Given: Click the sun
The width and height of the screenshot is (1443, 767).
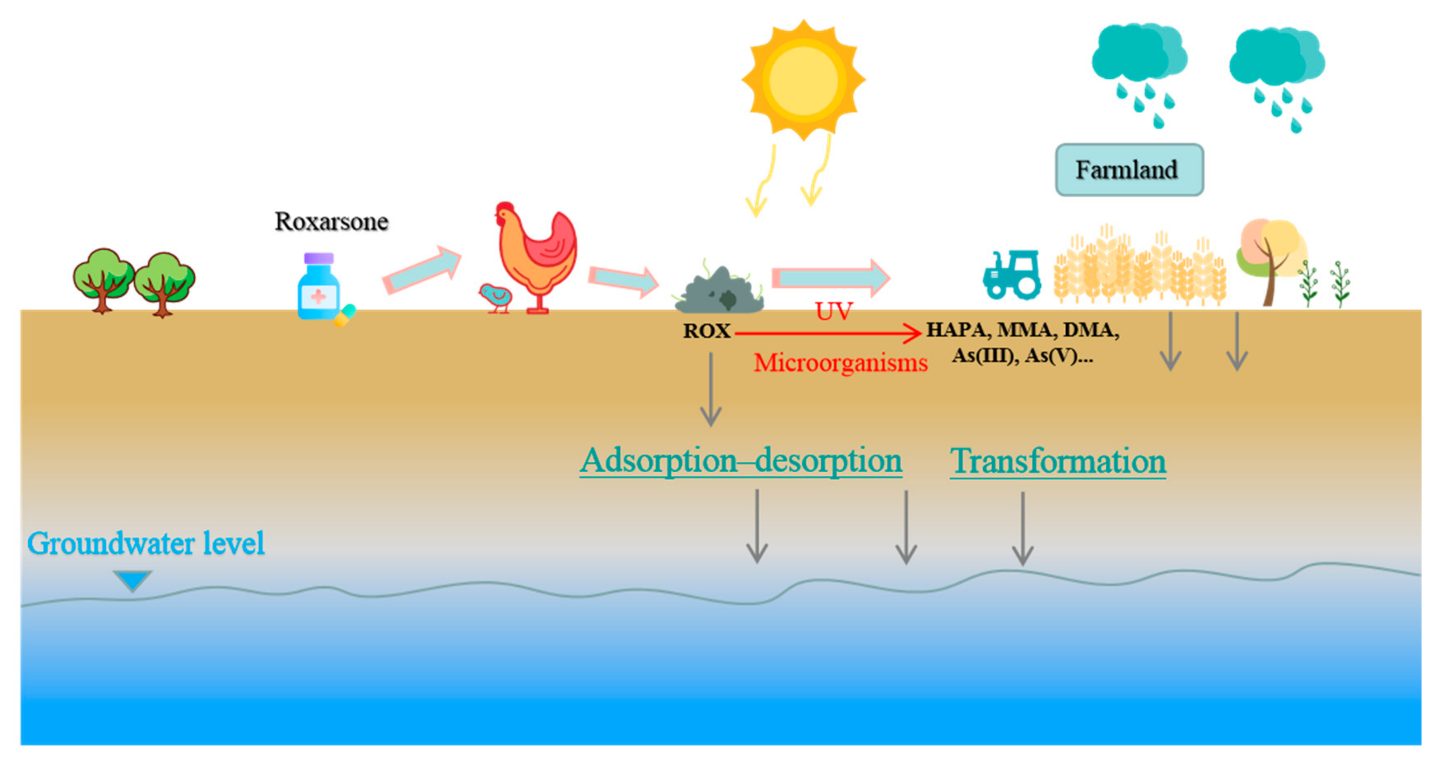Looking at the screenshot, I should coord(803,80).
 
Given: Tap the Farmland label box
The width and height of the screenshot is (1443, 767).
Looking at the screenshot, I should coord(1129,170).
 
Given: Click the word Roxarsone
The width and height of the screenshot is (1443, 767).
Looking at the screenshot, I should coord(331,222).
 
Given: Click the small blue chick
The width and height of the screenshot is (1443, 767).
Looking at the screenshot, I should coord(496,297).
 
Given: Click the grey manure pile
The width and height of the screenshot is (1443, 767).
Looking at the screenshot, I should coord(720,292).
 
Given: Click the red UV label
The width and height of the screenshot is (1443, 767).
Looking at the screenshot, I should coord(834,311).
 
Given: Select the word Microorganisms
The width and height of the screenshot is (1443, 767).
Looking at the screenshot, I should coord(840,363).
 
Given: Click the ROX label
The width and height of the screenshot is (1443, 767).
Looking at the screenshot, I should coord(706,331).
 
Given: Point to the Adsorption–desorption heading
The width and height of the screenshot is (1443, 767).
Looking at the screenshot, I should coord(740,462).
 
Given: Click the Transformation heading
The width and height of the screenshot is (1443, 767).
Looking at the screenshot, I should coord(1058,462).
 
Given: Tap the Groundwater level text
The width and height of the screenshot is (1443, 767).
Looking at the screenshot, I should coord(145,543).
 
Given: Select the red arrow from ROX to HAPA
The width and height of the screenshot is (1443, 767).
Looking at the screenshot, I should coord(828,334).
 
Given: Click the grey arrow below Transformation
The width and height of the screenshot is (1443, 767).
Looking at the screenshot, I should coord(1022,529).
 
